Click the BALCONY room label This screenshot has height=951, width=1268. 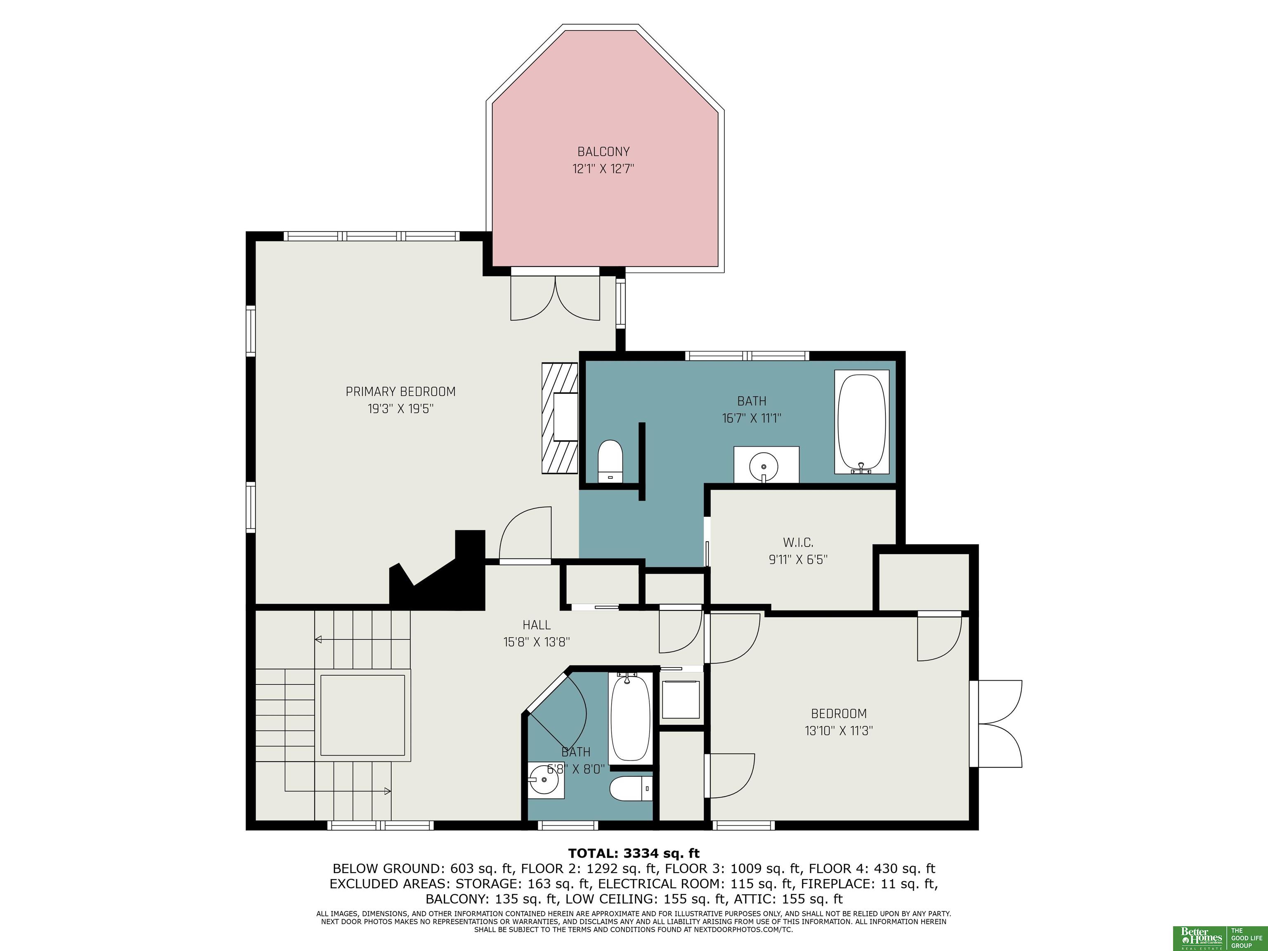pos(603,152)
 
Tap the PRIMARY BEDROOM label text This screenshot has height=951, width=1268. pos(400,392)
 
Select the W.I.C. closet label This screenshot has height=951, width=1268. pos(798,542)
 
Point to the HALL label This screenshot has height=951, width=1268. pos(537,625)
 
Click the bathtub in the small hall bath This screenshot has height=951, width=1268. pos(630,718)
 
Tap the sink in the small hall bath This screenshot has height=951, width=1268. pos(546,780)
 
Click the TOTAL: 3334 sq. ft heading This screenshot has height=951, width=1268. pos(634,854)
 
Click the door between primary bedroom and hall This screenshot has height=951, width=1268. pos(525,534)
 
